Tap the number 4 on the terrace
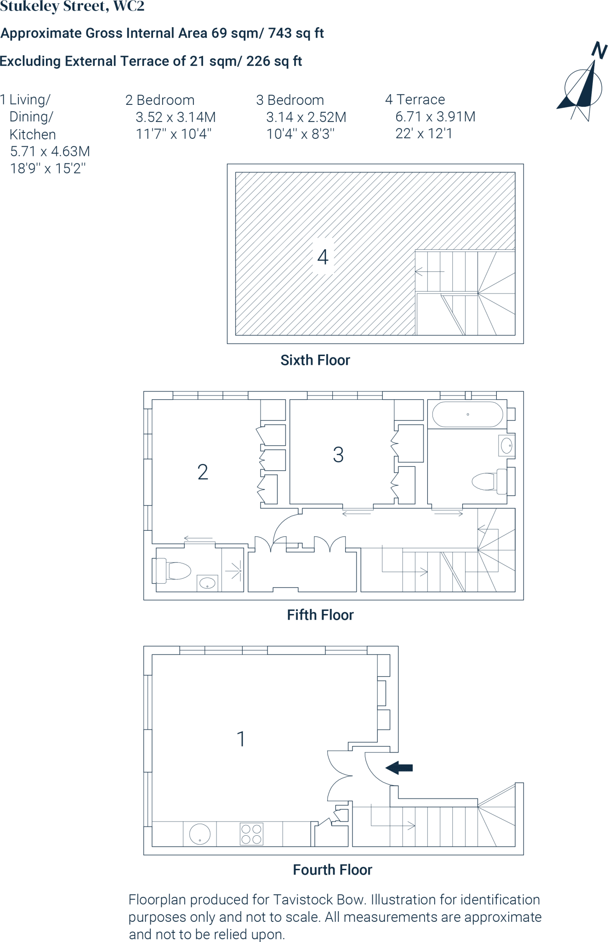click(x=323, y=257)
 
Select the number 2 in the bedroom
click(x=203, y=472)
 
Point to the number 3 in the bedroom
click(x=338, y=455)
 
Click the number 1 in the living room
click(x=241, y=739)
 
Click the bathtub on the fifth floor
click(x=467, y=414)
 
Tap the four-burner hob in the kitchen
click(x=251, y=834)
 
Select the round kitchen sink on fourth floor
click(x=200, y=834)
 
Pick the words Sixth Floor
click(x=315, y=360)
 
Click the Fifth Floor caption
click(x=320, y=615)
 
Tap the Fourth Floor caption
click(x=332, y=870)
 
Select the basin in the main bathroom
click(x=506, y=445)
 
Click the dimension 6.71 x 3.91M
click(x=435, y=117)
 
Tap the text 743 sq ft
click(x=296, y=33)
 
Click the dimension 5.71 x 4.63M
click(x=50, y=151)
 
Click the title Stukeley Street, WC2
click(x=72, y=6)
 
